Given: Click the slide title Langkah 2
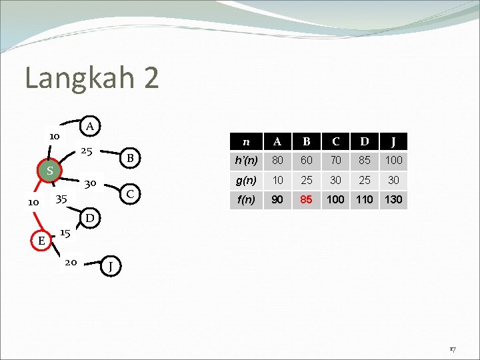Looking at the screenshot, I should pyautogui.click(x=92, y=78).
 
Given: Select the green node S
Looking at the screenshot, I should pyautogui.click(x=49, y=171).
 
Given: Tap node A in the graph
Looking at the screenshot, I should pyautogui.click(x=90, y=126).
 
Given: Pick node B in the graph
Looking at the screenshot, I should pyautogui.click(x=131, y=158).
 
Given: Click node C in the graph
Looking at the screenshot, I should pyautogui.click(x=131, y=193).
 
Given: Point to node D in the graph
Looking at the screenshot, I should pyautogui.click(x=90, y=218).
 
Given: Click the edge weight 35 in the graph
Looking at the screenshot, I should pyautogui.click(x=62, y=199).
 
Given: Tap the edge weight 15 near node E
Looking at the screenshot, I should pyautogui.click(x=65, y=233).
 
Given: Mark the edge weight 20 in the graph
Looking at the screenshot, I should pyautogui.click(x=71, y=263).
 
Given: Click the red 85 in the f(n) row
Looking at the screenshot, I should pyautogui.click(x=307, y=199).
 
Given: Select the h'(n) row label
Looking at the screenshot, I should pyautogui.click(x=247, y=160).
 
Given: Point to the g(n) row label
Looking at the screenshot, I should pyautogui.click(x=247, y=179).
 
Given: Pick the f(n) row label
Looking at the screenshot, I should pyautogui.click(x=247, y=199).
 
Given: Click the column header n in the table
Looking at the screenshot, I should pyautogui.click(x=247, y=141).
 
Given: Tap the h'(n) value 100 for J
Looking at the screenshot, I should pyautogui.click(x=394, y=160).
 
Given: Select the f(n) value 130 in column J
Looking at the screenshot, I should pyautogui.click(x=394, y=199).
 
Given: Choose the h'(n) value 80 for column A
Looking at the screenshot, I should pyautogui.click(x=277, y=160).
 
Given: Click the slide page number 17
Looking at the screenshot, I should pyautogui.click(x=451, y=349).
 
